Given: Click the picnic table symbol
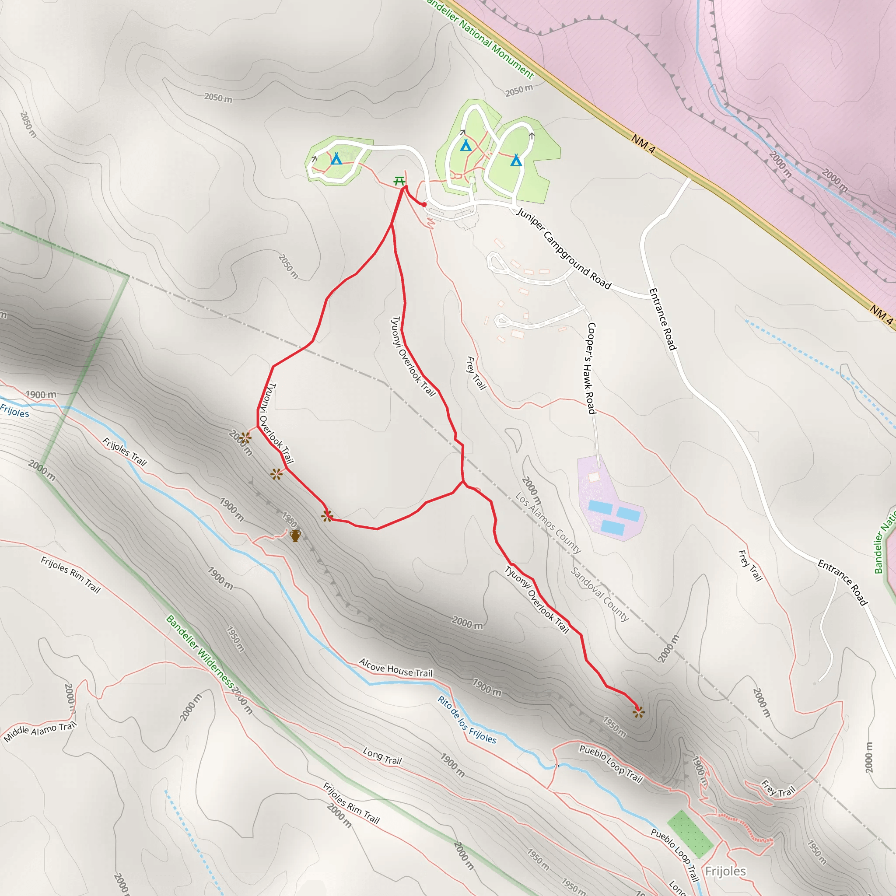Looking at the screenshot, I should point(399,181).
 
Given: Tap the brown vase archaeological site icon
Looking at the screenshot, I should point(295,535).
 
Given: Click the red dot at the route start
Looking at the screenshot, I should point(424,204).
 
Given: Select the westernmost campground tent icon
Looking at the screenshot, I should point(336,159).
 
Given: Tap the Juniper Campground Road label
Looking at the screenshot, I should point(564,248).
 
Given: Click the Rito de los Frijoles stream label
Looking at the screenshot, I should point(467,720).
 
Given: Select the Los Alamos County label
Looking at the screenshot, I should point(548,523).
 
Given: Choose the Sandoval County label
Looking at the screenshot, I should point(600,594).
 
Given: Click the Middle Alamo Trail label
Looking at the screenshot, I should point(40,731).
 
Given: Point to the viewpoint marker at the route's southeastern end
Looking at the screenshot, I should point(639,712).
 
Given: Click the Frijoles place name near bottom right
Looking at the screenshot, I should point(725,871).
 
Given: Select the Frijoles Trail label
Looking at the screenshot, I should point(124,451).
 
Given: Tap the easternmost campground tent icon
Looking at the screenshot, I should point(516,161).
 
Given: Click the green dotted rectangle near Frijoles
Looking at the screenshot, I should point(690,833).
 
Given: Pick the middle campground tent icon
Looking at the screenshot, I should point(465,146).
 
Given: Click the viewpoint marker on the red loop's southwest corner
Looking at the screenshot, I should point(327,516).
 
